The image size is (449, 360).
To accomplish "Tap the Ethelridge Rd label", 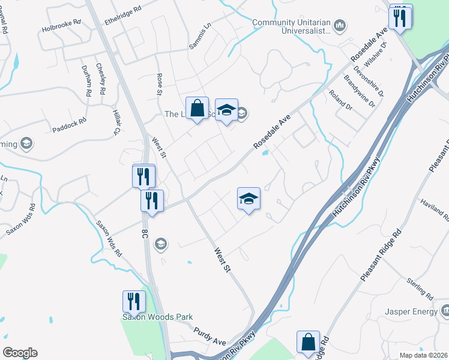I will pos(122,10).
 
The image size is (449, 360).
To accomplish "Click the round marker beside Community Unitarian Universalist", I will pos(340,25).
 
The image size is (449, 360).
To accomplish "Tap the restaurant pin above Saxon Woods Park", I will pos(134,301).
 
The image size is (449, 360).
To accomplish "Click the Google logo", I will pos(20,353).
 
